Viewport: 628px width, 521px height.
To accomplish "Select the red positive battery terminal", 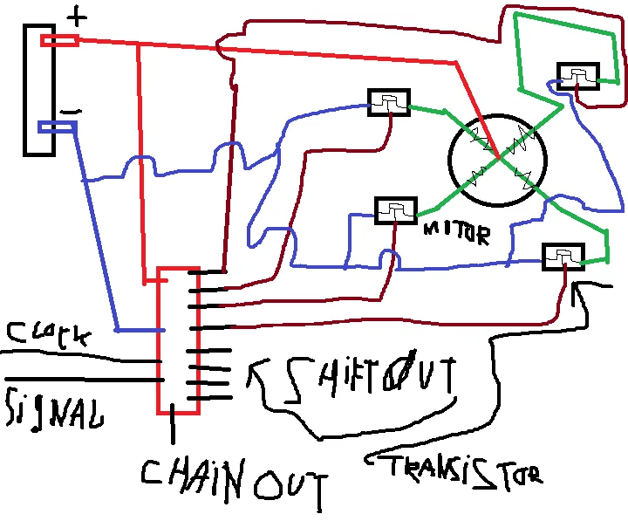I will [x=59, y=40].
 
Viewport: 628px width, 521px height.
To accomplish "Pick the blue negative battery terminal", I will [x=58, y=127].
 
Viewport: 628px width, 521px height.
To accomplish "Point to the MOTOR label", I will [x=455, y=232].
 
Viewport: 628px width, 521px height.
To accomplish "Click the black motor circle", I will [x=497, y=160].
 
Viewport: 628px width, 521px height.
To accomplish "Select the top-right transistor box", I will [x=577, y=77].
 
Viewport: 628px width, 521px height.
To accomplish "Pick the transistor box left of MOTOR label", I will [x=396, y=210].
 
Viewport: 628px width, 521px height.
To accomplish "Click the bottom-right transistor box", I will [x=563, y=257].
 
